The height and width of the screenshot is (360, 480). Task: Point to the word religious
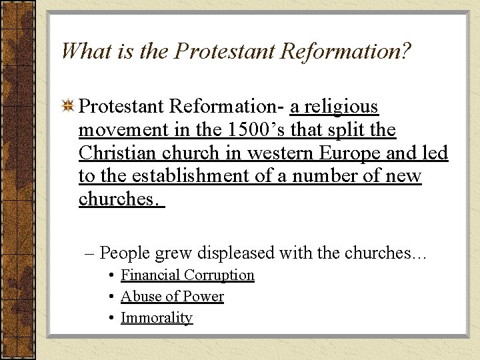341,107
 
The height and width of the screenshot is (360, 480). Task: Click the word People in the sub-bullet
125,253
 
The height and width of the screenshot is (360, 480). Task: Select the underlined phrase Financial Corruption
187,275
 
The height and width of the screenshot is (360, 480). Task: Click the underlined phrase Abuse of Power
172,297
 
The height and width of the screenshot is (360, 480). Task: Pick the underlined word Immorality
157,318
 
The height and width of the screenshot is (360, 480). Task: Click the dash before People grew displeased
89,253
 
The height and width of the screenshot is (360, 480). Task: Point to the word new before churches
404,177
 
